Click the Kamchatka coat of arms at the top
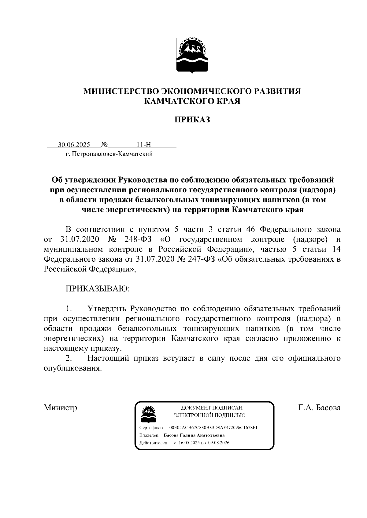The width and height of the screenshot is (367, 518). point(192,54)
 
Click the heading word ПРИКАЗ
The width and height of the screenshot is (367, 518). point(192,119)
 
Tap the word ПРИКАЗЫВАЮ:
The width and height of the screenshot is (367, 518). point(98,288)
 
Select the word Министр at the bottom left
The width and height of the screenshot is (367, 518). point(60,408)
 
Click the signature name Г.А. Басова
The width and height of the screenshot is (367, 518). point(319,408)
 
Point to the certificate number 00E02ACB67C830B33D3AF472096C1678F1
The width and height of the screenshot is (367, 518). point(213,428)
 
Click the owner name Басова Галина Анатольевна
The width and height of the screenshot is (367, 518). point(194,435)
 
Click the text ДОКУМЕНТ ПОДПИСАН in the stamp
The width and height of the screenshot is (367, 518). point(212,408)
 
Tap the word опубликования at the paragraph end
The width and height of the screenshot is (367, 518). point(72,368)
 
